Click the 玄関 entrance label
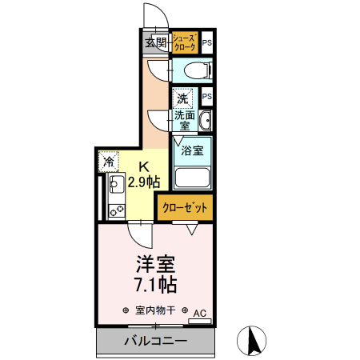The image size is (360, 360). [x=155, y=44]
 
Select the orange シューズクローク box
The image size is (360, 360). [x=185, y=43]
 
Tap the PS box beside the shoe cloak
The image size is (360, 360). [x=206, y=43]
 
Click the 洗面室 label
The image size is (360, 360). [x=183, y=120]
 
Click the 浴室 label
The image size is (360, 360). [x=192, y=150]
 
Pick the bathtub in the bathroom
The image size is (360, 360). [x=192, y=178]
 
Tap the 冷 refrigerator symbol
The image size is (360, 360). [x=108, y=161]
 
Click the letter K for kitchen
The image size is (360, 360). [x=144, y=166]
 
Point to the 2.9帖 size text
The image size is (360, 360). [x=144, y=182]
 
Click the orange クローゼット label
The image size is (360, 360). [x=185, y=207]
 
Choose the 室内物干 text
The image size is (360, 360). [x=154, y=310]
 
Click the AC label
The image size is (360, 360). [x=199, y=313]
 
